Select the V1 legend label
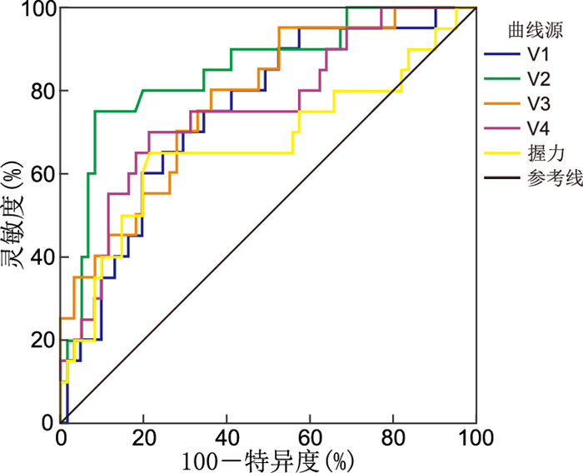(538, 56)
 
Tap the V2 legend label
(538, 80)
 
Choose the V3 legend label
(538, 105)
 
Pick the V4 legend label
(538, 129)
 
